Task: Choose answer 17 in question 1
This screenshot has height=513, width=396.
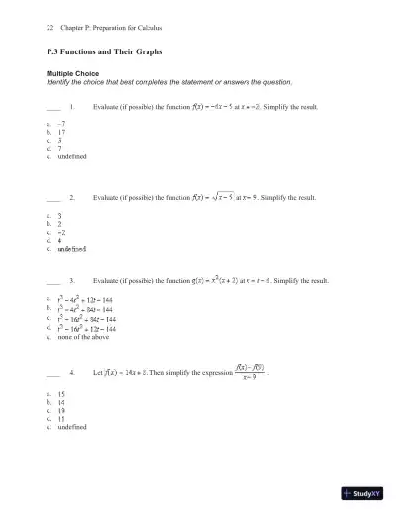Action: pos(61,131)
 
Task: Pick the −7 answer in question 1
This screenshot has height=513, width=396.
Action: pos(61,122)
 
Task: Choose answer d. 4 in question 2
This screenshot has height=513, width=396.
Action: pos(61,239)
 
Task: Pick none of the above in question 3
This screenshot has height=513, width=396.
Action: pos(84,338)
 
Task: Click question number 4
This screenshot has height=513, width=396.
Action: pos(74,374)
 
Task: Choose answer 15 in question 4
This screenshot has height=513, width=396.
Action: pos(62,393)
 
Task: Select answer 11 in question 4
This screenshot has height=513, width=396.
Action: pos(62,418)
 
